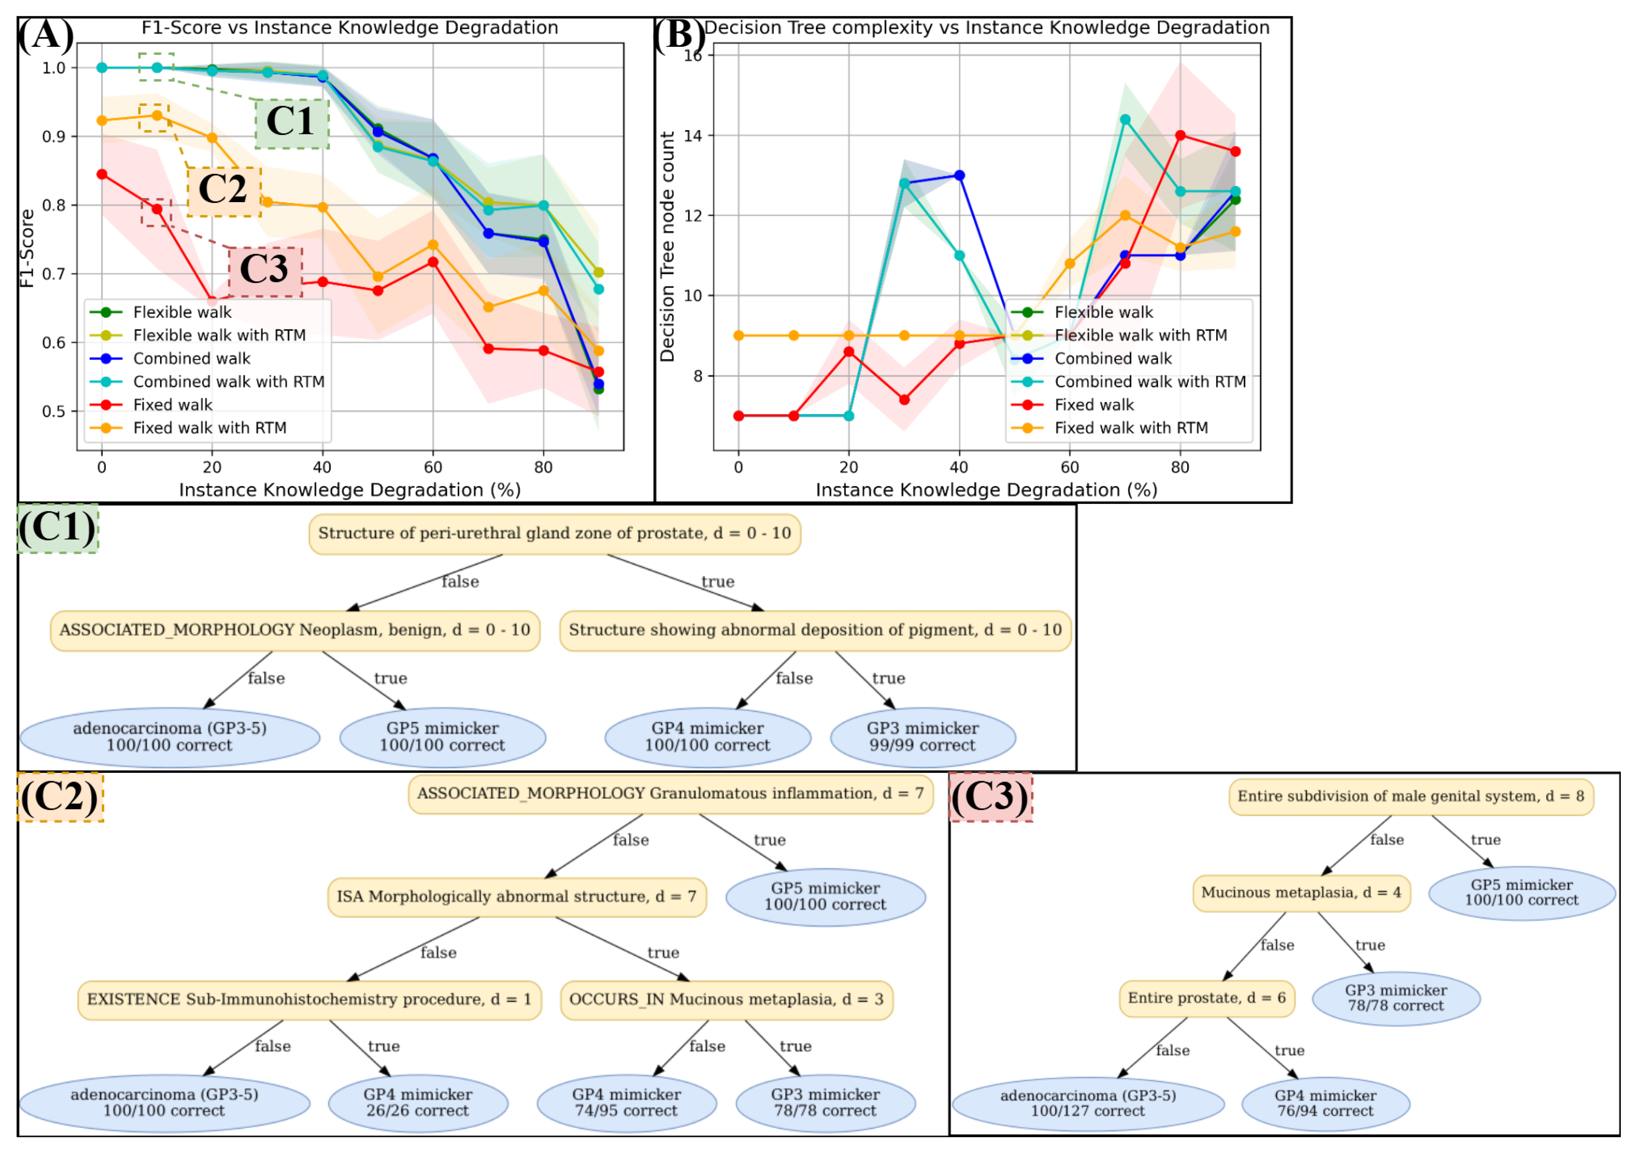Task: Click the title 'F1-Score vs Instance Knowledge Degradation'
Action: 350,28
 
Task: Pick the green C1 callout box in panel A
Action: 292,123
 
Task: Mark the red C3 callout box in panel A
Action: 265,272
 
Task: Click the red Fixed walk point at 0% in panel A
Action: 102,174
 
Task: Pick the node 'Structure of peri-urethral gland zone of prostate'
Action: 554,534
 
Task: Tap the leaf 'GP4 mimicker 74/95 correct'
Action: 627,1102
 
